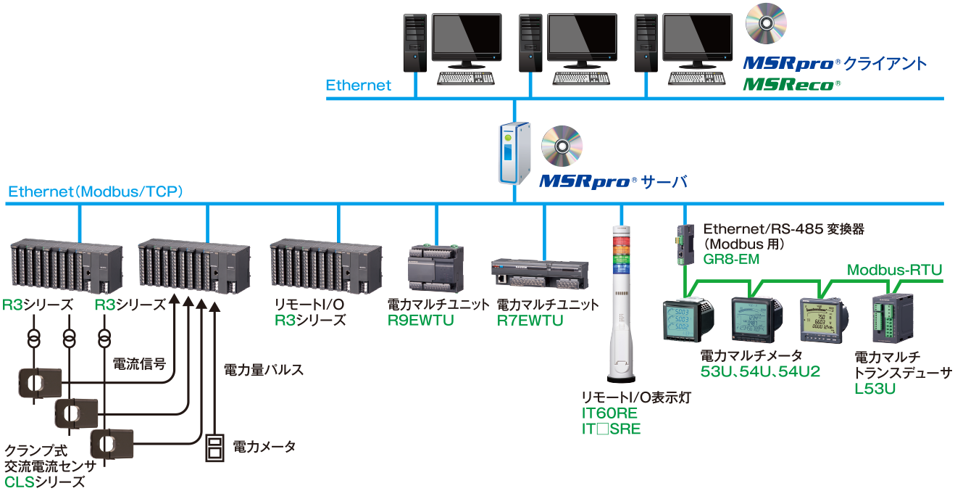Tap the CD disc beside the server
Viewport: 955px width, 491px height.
[x=562, y=145]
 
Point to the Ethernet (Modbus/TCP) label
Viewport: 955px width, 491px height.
[x=95, y=192]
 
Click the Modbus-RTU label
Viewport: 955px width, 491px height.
[x=894, y=271]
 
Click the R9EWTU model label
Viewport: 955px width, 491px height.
[x=421, y=320]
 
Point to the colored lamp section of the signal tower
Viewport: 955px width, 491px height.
[x=621, y=250]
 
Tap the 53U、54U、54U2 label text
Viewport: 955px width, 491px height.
[x=760, y=372]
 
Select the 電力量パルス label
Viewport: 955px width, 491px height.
[x=263, y=370]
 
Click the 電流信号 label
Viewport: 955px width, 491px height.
[x=139, y=363]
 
